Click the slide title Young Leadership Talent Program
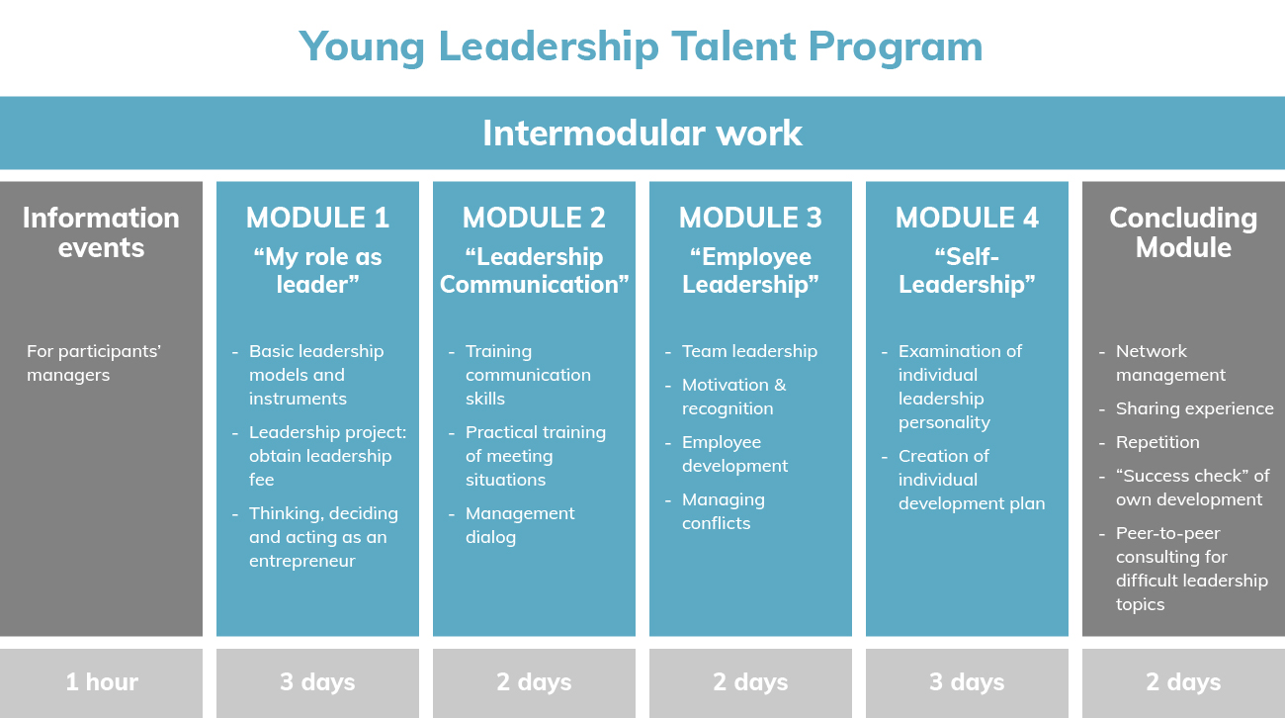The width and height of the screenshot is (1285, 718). click(x=641, y=47)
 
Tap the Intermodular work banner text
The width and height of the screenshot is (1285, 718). click(x=642, y=134)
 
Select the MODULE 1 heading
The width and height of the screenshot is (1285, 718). click(x=318, y=218)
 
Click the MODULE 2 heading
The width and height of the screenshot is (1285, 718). click(x=534, y=218)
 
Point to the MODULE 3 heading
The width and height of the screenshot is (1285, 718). click(x=750, y=218)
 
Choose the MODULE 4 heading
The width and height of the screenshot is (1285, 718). click(x=967, y=218)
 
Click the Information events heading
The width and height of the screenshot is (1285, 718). click(x=101, y=232)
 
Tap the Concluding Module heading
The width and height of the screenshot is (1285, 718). click(x=1183, y=232)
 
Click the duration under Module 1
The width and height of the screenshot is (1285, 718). click(x=318, y=681)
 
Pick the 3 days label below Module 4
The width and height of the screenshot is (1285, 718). click(x=967, y=681)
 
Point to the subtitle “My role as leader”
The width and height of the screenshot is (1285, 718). click(x=318, y=270)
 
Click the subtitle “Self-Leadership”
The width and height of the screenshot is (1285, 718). click(x=967, y=270)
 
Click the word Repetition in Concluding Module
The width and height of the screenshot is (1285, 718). click(x=1157, y=442)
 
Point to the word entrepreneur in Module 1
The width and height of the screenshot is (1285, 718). click(x=302, y=561)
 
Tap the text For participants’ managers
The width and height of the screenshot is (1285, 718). click(x=94, y=363)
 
